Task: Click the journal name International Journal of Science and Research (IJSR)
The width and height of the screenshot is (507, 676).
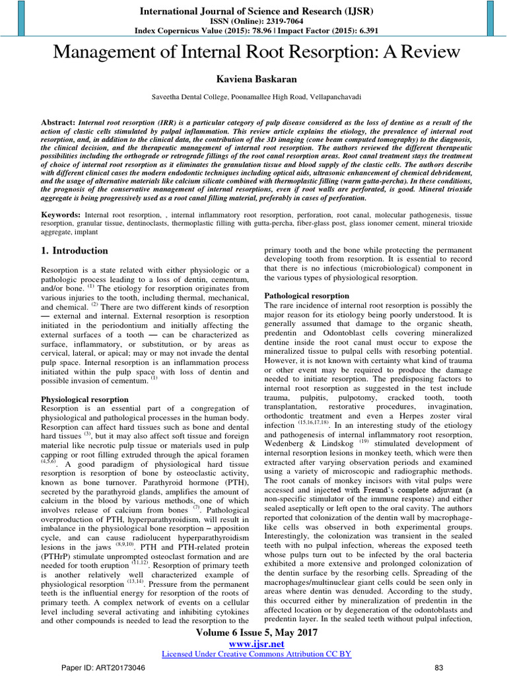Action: tap(253, 11)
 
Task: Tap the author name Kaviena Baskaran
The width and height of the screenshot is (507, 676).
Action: tap(253, 79)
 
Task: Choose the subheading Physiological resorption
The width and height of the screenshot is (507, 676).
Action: tap(84, 399)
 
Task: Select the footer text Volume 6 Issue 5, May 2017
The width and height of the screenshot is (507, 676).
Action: tap(253, 632)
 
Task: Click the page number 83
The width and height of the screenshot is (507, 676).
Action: tap(431, 668)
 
